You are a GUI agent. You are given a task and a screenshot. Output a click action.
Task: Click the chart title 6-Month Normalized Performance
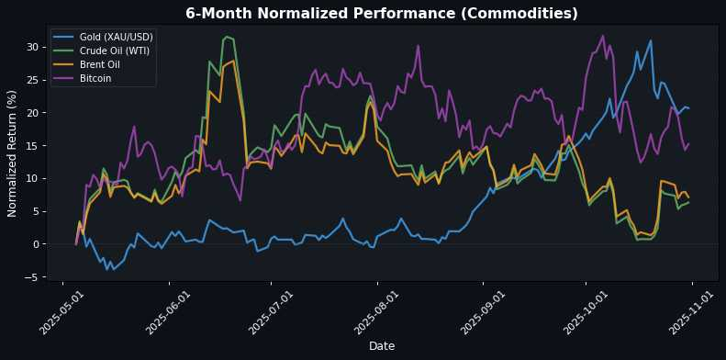[x=381, y=14]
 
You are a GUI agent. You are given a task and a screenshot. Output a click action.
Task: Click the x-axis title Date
[x=381, y=345]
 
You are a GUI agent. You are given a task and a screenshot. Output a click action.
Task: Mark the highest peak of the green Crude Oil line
[x=227, y=37]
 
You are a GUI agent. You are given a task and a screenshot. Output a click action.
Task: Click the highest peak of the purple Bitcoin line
[x=602, y=36]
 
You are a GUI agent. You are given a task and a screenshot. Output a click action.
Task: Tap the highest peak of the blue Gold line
[x=651, y=40]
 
